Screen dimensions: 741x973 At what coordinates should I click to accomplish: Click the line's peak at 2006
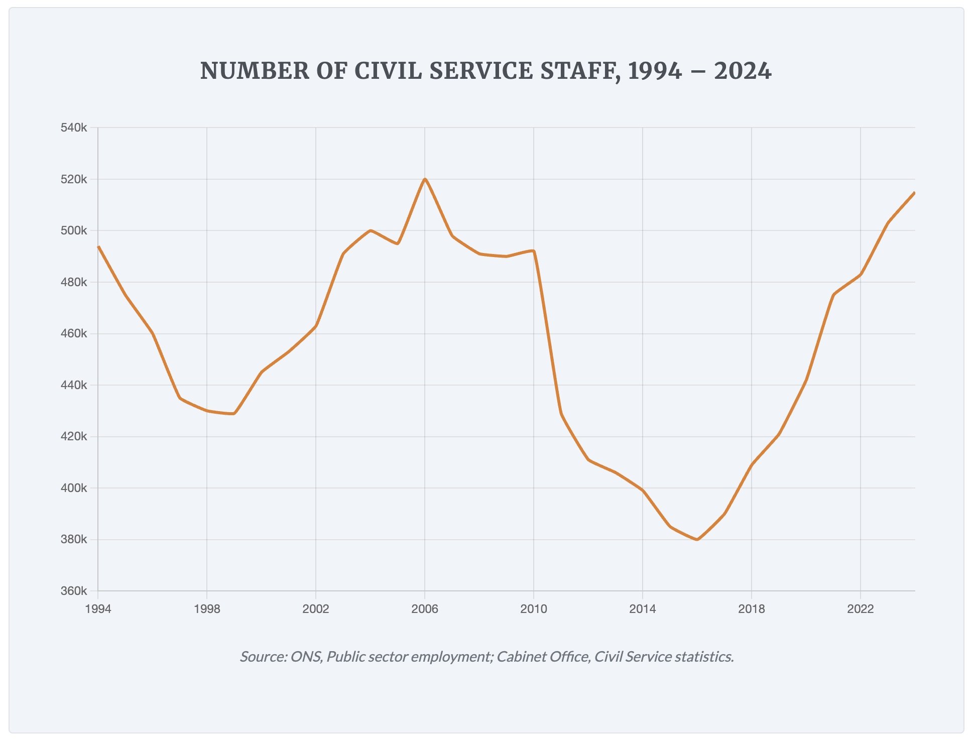click(x=425, y=179)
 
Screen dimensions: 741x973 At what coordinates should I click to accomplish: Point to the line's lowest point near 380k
click(x=697, y=539)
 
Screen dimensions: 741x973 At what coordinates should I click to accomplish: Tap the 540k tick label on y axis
click(x=74, y=128)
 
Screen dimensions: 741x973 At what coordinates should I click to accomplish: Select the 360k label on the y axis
click(x=74, y=591)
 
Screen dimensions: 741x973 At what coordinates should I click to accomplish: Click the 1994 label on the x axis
click(x=98, y=609)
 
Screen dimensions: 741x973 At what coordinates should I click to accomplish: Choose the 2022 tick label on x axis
click(x=861, y=609)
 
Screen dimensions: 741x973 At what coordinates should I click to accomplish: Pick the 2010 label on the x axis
click(x=534, y=609)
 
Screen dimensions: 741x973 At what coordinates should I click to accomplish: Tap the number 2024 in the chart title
click(x=743, y=71)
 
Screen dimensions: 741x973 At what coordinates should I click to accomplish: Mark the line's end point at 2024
click(x=914, y=193)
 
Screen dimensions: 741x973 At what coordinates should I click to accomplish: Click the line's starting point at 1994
click(x=98, y=246)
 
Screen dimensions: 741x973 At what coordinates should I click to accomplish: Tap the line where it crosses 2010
click(x=534, y=251)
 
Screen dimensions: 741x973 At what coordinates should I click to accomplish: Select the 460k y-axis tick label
click(x=74, y=334)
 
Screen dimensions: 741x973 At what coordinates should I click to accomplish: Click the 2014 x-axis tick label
click(x=643, y=609)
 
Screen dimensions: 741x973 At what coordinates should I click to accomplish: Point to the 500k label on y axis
click(x=74, y=231)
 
